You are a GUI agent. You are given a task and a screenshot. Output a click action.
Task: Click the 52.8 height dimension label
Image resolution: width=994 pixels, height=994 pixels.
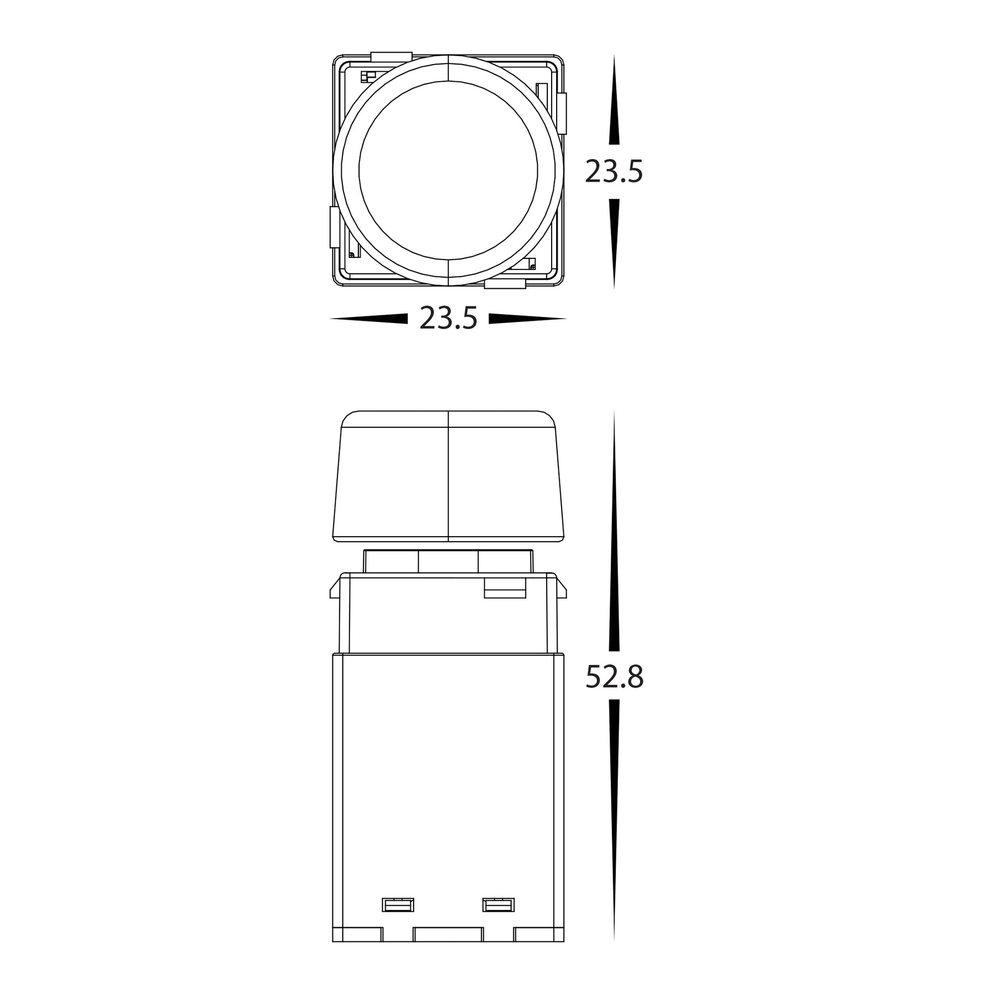(614, 677)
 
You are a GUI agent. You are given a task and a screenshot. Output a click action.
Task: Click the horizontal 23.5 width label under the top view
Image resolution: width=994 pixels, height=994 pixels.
(448, 319)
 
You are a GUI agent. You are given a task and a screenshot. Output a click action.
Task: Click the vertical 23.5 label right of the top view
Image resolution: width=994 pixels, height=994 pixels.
(614, 171)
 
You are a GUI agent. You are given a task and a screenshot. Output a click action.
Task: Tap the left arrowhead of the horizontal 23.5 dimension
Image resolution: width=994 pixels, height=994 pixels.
(369, 319)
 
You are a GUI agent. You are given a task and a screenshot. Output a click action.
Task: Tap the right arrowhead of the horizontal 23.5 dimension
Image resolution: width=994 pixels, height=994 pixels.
(527, 319)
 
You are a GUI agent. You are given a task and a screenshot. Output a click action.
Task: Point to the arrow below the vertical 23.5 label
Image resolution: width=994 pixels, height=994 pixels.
(614, 243)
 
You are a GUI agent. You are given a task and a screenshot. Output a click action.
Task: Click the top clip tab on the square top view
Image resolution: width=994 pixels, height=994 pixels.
(392, 56)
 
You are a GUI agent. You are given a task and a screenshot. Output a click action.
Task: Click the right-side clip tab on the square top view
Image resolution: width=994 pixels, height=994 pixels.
(562, 114)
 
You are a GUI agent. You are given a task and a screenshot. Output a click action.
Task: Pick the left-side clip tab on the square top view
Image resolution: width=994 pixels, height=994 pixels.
(334, 227)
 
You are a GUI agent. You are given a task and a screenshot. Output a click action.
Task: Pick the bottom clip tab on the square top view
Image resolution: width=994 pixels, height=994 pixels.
(505, 284)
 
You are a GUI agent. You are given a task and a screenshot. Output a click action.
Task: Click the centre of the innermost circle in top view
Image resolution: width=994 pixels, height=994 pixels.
(448, 171)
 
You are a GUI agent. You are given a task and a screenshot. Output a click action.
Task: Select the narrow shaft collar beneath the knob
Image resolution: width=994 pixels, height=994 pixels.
(448, 562)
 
